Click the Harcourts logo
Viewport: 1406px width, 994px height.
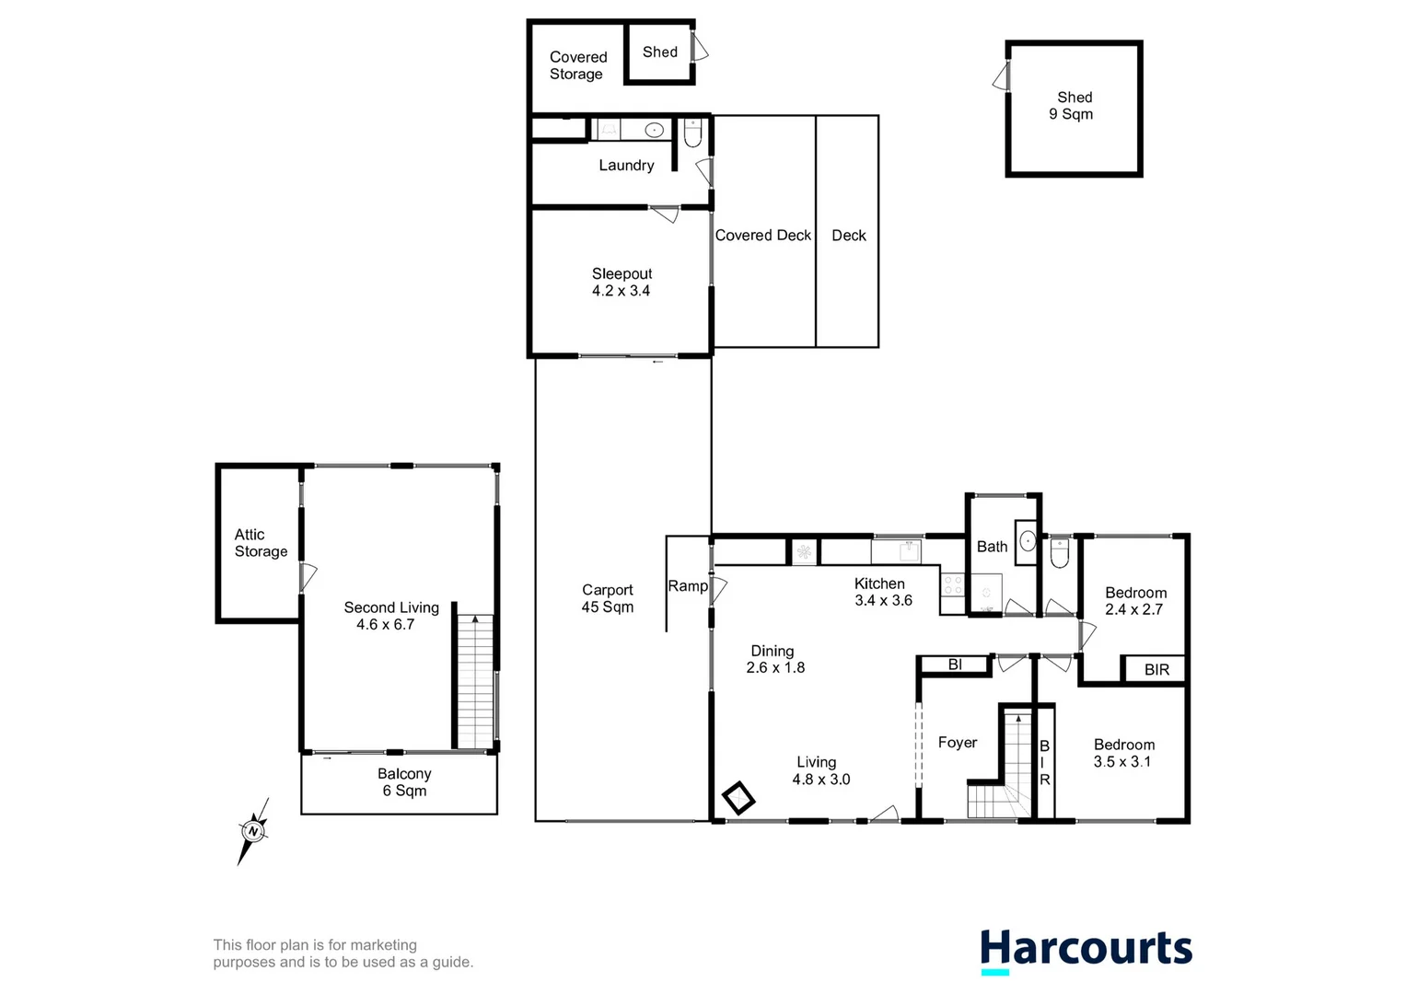(1086, 950)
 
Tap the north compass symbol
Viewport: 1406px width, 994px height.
(253, 831)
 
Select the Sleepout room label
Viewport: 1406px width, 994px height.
(622, 282)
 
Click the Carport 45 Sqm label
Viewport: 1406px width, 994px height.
(607, 598)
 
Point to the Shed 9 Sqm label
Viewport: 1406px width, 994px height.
(1073, 106)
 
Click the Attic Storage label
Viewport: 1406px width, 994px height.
(261, 543)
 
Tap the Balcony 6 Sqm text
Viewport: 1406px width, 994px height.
(404, 782)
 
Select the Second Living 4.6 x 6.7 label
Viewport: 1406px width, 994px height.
(390, 616)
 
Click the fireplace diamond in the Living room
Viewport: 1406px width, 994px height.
(738, 798)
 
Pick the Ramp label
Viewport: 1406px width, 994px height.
(688, 586)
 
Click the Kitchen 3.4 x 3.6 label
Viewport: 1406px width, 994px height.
(882, 592)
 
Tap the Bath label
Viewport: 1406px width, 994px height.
(992, 547)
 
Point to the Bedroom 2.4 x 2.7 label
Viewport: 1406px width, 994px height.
(1135, 601)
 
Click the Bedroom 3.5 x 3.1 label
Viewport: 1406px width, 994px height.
(1123, 753)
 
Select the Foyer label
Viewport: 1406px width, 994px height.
(957, 743)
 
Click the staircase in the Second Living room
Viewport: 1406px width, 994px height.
(475, 681)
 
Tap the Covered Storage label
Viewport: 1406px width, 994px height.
(577, 65)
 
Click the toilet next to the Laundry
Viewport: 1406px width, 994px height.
(692, 134)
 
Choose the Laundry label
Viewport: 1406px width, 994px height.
(626, 166)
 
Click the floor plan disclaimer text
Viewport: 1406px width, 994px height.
(343, 954)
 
